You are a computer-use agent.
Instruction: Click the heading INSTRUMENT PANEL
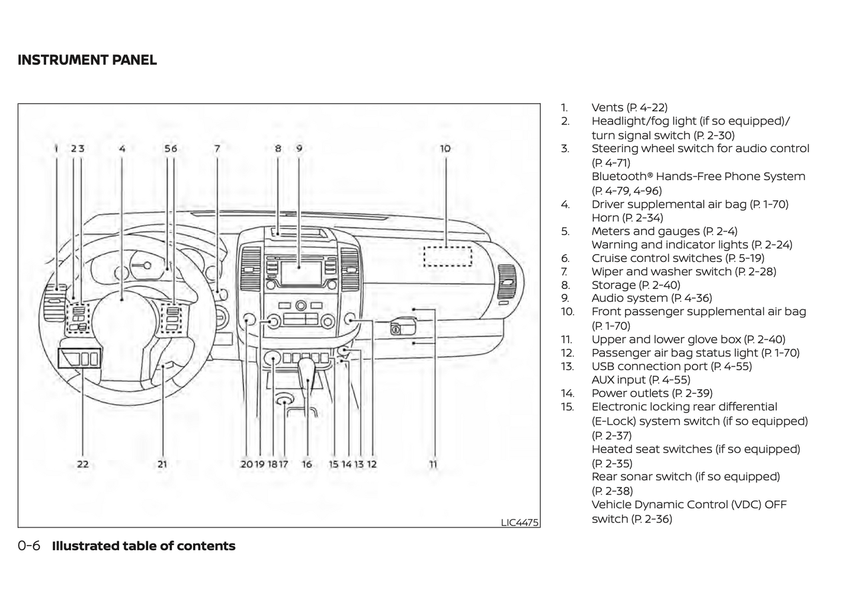(x=87, y=60)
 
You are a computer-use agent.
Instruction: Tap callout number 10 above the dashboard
(x=445, y=148)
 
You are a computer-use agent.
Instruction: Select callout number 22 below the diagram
(x=83, y=464)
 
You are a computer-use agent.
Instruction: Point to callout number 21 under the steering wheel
(x=162, y=464)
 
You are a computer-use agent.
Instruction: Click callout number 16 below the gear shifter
(x=307, y=464)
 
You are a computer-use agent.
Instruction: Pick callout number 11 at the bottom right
(x=433, y=464)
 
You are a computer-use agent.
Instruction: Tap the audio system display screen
(x=300, y=272)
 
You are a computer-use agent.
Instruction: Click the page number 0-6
(x=29, y=546)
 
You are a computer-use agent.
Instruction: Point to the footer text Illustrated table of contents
(x=143, y=546)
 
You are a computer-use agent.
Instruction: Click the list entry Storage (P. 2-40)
(x=636, y=285)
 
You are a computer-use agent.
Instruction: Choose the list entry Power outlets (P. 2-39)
(x=652, y=393)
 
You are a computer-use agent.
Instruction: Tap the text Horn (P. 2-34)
(x=627, y=217)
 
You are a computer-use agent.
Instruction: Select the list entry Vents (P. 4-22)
(x=629, y=107)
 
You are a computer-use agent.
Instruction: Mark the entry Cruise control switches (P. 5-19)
(x=678, y=258)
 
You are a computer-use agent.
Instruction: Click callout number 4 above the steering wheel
(x=122, y=148)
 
